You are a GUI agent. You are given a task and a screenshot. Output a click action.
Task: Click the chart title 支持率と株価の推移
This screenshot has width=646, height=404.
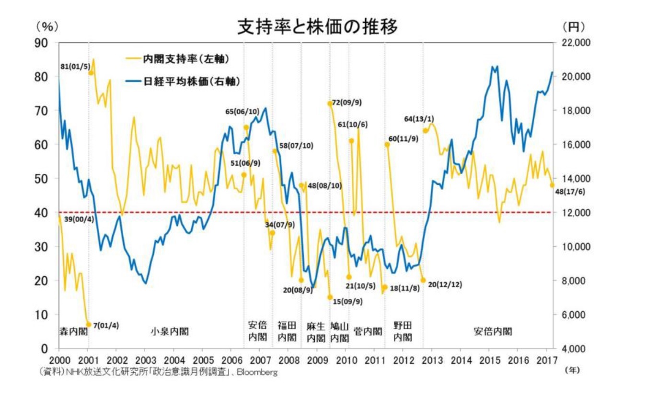[x=317, y=27]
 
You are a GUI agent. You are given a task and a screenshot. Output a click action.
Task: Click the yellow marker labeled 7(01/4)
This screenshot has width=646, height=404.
[x=88, y=325]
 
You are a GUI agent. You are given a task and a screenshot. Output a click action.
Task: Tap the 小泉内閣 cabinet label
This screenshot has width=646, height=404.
[x=170, y=331]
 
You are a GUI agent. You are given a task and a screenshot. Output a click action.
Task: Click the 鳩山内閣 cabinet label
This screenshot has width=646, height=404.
[x=339, y=332]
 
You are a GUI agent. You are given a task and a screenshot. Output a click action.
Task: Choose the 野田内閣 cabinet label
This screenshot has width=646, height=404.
[x=403, y=331]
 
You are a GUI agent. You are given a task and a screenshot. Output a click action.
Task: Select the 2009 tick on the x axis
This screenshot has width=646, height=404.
[x=317, y=359]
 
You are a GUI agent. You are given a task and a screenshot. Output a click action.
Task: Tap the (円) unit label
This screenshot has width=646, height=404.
[x=574, y=27]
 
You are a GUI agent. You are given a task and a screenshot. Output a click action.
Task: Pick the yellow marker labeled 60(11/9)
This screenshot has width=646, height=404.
[x=387, y=144]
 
